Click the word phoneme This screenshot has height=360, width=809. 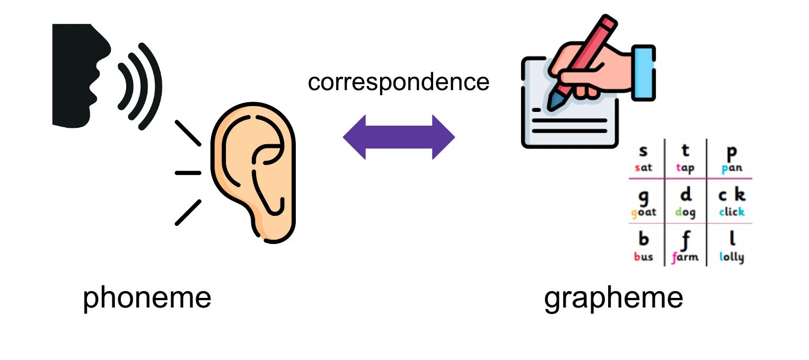(147, 298)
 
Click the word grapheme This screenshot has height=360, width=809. (613, 298)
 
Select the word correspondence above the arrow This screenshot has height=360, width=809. (398, 82)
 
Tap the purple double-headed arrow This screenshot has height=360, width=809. (399, 137)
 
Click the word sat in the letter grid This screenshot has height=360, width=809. (644, 168)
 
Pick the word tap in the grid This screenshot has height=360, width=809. (685, 168)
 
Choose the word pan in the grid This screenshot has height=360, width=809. (732, 169)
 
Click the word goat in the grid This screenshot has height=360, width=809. (644, 213)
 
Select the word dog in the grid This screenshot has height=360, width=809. (685, 213)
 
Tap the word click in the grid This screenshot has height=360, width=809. (732, 212)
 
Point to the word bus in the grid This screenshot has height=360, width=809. (644, 257)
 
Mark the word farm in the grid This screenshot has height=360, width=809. (685, 258)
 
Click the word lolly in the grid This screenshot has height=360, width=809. (732, 257)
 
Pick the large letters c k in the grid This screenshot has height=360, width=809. (732, 195)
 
